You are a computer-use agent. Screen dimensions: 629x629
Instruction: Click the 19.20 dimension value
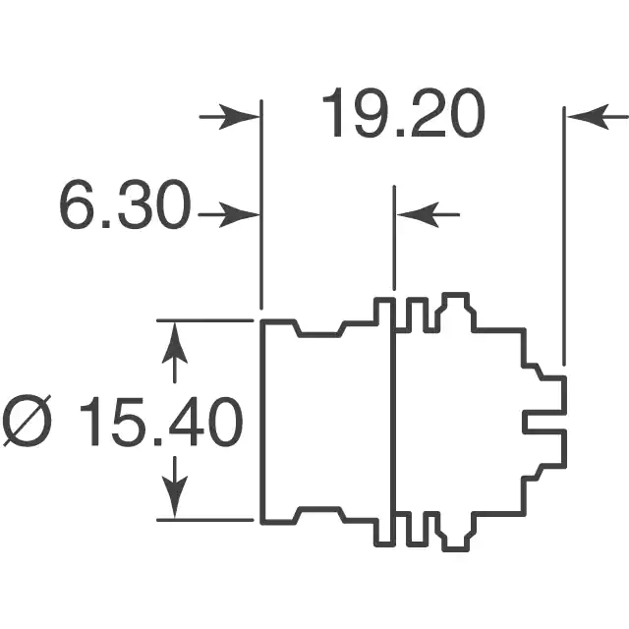[404, 113]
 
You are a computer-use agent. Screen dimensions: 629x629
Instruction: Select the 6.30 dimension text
[125, 204]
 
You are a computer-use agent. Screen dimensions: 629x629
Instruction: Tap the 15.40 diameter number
[161, 422]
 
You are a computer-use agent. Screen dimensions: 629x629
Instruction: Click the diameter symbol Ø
[28, 422]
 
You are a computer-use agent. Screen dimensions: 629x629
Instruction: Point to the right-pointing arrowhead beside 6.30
[239, 215]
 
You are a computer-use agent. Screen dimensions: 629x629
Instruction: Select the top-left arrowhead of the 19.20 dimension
[240, 117]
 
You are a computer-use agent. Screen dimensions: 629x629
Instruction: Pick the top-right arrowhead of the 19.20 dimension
[589, 117]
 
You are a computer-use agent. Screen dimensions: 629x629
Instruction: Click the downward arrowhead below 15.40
[175, 497]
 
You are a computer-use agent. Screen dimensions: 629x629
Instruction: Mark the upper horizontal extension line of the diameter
[205, 320]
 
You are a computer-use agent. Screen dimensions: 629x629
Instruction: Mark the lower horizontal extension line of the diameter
[205, 520]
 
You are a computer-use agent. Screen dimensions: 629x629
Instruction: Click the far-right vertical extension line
[564, 236]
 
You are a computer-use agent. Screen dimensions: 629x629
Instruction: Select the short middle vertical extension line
[394, 238]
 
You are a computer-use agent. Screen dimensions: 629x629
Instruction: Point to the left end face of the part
[263, 422]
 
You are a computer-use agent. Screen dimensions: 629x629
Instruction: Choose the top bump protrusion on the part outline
[456, 310]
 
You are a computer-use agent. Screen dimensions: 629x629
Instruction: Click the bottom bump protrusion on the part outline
[456, 533]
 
